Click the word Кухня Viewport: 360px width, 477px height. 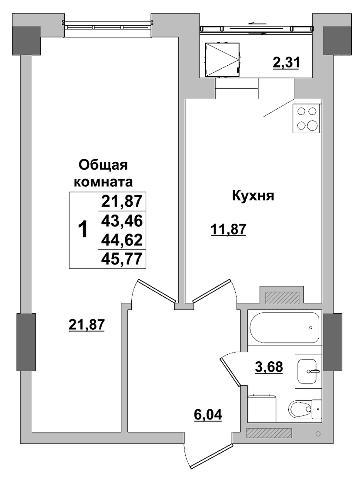253,195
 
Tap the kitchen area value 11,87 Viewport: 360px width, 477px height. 228,229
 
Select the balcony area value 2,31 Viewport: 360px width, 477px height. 286,63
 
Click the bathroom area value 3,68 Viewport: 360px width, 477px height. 269,366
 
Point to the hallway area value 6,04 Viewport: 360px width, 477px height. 208,414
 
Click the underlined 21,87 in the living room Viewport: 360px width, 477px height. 87,325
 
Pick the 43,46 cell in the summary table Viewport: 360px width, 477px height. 122,221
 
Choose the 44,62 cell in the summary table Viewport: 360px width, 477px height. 122,240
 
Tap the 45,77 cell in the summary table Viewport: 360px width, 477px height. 122,259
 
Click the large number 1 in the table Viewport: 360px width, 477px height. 83,230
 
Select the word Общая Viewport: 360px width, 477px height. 103,166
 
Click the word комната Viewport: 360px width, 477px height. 103,182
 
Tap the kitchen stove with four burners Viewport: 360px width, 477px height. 307,119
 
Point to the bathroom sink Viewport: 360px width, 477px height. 308,371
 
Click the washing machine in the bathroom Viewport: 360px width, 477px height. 262,408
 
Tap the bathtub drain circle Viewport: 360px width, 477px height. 310,328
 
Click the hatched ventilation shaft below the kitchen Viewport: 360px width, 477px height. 282,298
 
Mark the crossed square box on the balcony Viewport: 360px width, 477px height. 222,59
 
